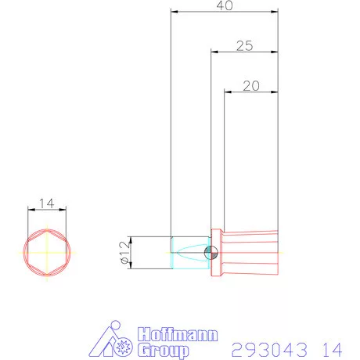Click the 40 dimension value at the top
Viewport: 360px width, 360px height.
click(x=224, y=5)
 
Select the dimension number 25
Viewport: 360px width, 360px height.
click(x=243, y=46)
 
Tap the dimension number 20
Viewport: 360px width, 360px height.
click(x=250, y=86)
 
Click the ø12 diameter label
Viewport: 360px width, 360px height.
click(x=123, y=252)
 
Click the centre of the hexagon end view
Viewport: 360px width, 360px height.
click(x=46, y=252)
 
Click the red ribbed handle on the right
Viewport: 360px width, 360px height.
click(x=250, y=253)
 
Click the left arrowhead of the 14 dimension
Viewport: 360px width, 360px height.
click(x=30, y=209)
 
